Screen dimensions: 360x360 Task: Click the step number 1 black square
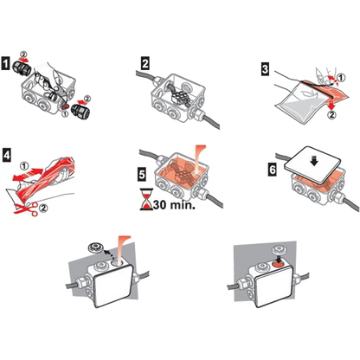tap(5, 64)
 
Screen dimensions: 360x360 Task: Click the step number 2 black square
tap(145, 64)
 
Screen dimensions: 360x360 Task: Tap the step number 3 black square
tap(265, 69)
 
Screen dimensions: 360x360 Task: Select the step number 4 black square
tap(6, 155)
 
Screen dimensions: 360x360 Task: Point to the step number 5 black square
tap(142, 174)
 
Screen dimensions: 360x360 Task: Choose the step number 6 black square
tap(273, 170)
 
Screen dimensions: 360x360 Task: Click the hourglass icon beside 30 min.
tap(146, 199)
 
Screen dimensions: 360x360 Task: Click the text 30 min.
tap(174, 204)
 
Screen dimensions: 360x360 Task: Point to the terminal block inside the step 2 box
tap(181, 96)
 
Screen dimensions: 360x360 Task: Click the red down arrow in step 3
tap(331, 105)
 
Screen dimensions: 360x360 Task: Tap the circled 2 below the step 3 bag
tap(331, 115)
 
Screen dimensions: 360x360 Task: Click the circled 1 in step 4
tap(24, 166)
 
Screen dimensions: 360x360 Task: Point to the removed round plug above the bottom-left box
tap(96, 247)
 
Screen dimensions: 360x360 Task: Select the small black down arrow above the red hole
tap(279, 257)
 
